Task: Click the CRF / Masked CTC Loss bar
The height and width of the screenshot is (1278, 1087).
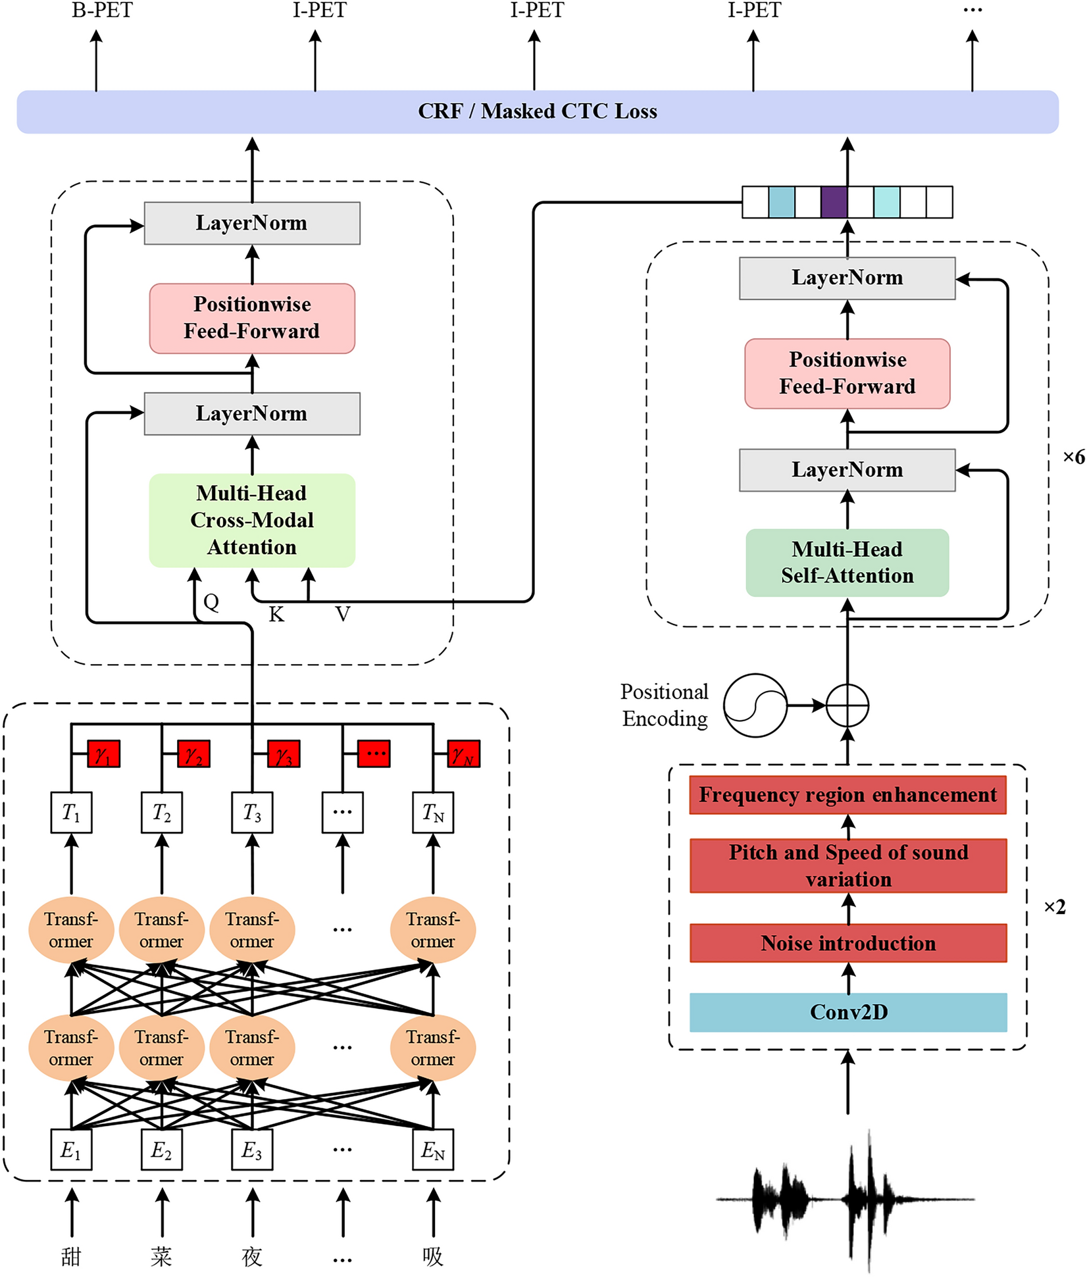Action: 538,111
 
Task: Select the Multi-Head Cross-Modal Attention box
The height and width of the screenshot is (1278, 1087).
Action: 252,520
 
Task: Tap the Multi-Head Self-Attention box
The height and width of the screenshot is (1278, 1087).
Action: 847,563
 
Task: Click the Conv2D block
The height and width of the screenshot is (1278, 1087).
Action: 848,1012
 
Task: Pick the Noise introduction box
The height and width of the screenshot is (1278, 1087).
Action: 848,943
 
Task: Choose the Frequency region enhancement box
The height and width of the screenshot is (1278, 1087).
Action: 848,795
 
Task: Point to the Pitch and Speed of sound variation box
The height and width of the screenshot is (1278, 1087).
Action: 848,865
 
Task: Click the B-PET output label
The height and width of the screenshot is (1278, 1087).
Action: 102,11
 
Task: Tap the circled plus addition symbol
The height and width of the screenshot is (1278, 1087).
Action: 847,705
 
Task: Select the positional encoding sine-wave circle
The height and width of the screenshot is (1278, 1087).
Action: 755,705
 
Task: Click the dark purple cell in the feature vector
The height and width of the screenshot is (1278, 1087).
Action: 834,202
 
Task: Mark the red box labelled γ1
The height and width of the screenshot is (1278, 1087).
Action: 104,754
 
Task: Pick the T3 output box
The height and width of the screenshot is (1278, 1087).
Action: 252,813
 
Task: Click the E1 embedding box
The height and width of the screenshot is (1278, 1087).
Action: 71,1150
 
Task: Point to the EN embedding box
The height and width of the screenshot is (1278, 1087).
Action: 433,1150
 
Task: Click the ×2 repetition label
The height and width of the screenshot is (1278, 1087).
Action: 1055,907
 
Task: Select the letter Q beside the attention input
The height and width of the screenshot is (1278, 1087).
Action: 211,601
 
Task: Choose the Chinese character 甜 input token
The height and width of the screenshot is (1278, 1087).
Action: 71,1256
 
